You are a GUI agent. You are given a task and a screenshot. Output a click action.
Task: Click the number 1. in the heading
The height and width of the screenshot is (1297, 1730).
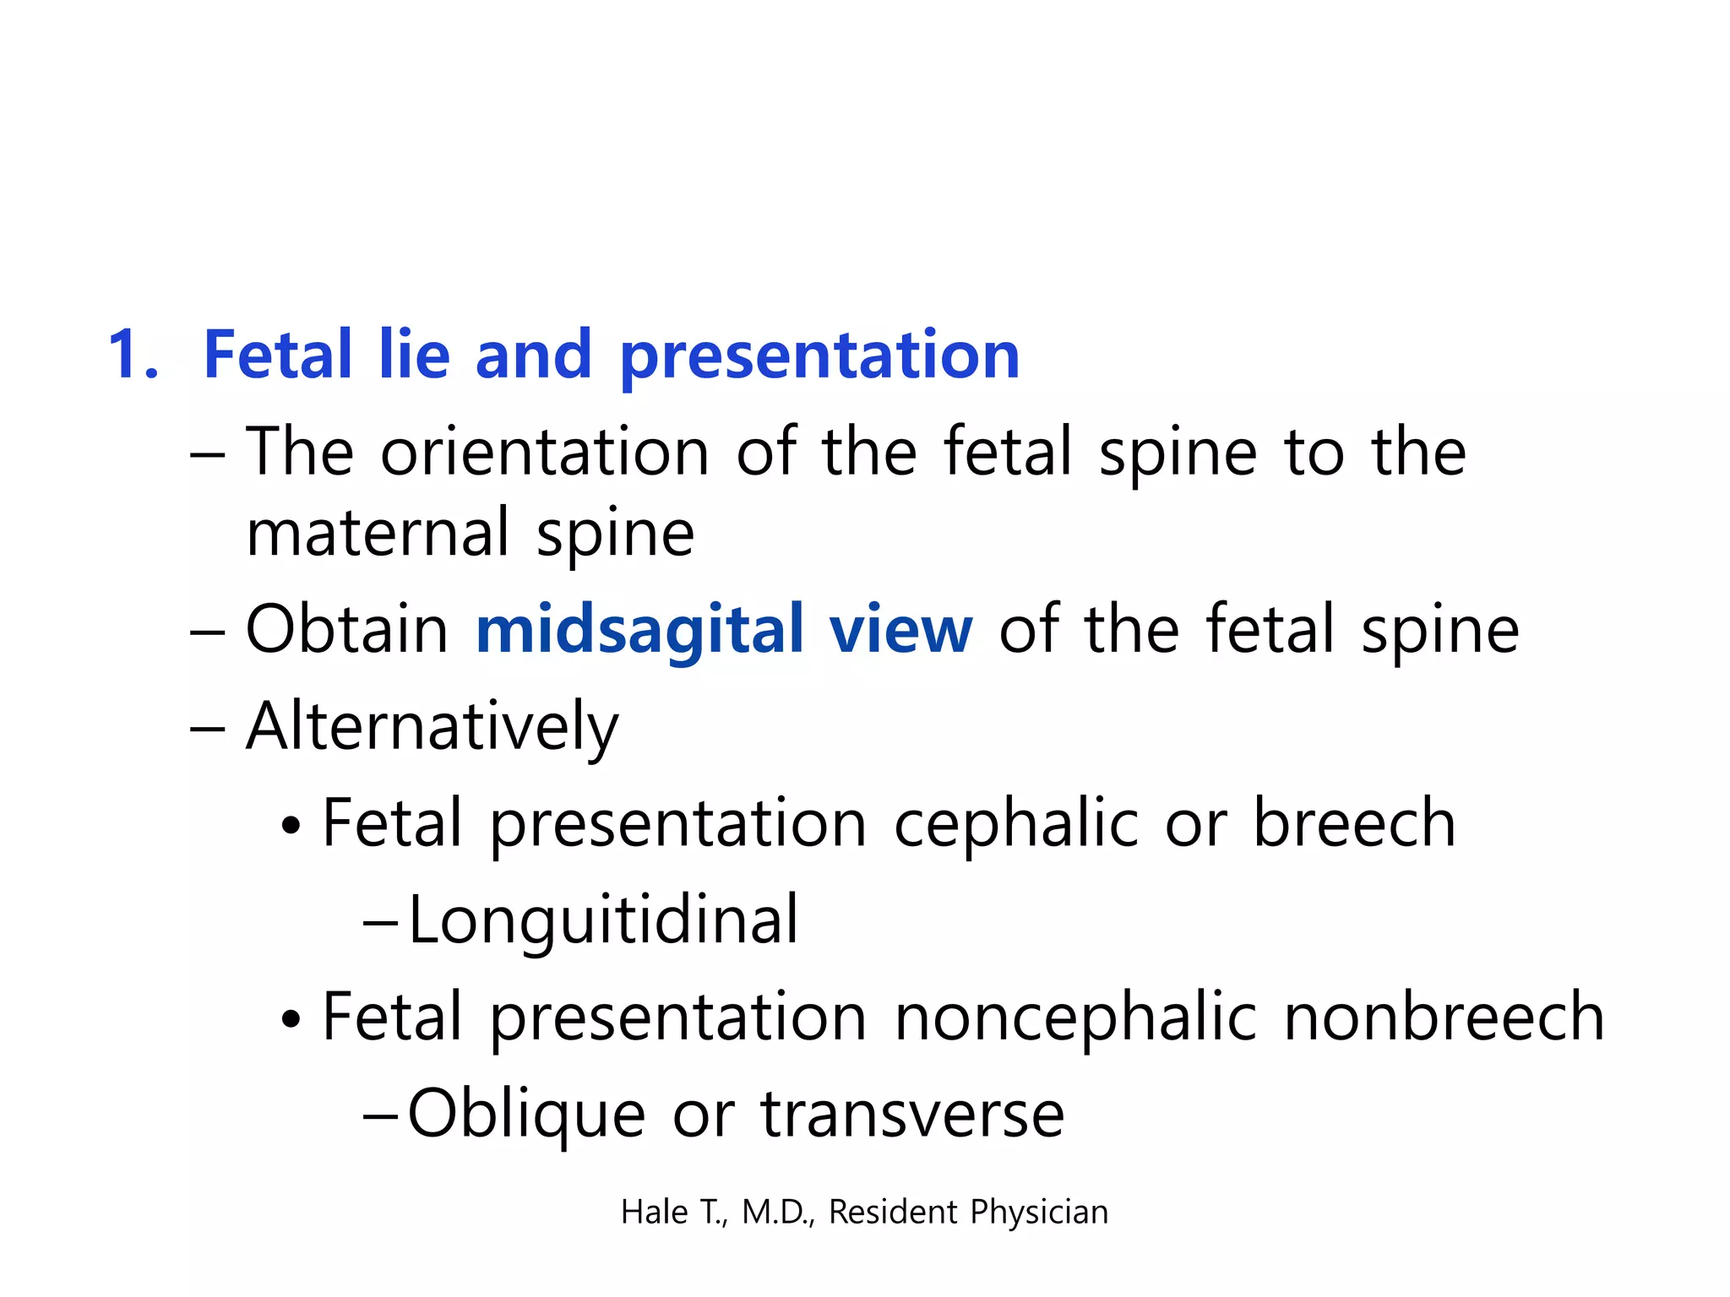133,355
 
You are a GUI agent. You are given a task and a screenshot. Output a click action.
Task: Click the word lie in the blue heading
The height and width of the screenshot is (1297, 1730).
414,355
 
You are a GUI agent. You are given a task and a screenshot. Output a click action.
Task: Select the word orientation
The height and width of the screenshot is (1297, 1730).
544,453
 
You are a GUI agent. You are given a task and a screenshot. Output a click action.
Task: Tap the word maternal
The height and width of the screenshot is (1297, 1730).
377,534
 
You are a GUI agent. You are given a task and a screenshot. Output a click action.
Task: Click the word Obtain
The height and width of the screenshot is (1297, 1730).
346,630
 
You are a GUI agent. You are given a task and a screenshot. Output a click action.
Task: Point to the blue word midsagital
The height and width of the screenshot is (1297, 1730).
639,632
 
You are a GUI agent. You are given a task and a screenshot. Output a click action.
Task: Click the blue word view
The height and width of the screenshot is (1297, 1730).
900,632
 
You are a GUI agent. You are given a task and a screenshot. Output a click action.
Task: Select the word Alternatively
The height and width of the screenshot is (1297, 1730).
432,728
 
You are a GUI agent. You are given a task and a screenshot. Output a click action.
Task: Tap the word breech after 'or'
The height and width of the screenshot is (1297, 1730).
1354,824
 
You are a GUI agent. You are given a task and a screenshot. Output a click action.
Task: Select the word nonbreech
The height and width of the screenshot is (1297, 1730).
1443,1018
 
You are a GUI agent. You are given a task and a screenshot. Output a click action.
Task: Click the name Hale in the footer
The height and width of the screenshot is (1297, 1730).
654,1213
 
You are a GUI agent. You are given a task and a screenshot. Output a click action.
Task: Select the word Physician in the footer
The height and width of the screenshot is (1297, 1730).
1038,1213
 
